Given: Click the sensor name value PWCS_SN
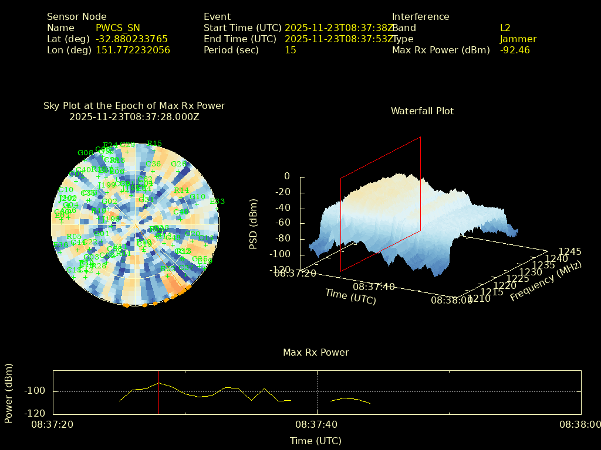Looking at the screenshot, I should pos(117,28).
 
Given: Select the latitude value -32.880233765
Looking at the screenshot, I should pos(131,39).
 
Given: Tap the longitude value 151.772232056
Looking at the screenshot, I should pos(133,50).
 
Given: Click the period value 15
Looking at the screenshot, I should pos(290,50).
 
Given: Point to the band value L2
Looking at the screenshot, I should pos(505,28).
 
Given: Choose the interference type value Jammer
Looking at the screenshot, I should pos(518,39).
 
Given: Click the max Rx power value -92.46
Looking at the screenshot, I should pos(514,50).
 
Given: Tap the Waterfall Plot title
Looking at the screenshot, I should pos(422,111).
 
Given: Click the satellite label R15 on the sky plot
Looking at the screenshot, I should pos(154,143).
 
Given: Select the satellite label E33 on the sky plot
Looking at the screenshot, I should pos(217,202).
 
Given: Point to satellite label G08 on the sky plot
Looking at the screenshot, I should pos(85,153).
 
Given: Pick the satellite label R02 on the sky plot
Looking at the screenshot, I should pos(167,268).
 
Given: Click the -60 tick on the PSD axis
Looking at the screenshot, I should pos(283,223).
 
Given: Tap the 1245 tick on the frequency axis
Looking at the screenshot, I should pos(570,251).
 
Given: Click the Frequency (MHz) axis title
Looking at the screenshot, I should pos(545,281).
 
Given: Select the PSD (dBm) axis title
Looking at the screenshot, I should pos(254,223).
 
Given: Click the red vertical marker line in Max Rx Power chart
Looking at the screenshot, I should pos(158,392).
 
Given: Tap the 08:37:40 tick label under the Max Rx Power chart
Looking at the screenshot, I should pos(317,424).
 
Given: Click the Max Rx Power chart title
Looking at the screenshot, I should pos(316,352).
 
